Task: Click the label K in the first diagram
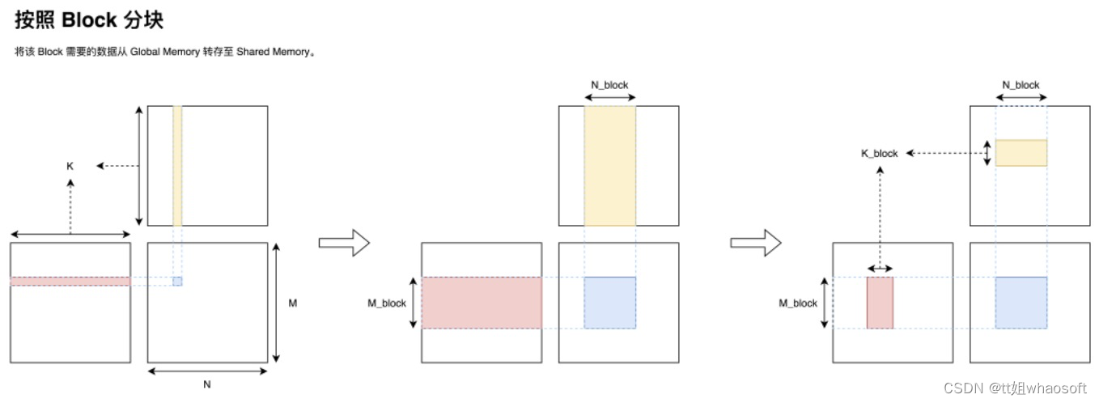[x=70, y=166]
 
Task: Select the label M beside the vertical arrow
[x=292, y=303]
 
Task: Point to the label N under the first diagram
[x=207, y=384]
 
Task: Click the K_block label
[x=880, y=153]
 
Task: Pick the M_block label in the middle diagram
[x=387, y=303]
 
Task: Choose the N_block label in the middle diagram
[x=609, y=85]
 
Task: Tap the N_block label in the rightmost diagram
[x=1020, y=85]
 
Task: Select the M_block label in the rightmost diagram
[x=798, y=303]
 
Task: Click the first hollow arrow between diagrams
[x=343, y=242]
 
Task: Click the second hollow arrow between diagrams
[x=755, y=242]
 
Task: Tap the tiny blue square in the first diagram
[x=177, y=281]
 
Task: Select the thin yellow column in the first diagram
[x=177, y=165]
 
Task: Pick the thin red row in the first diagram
[x=70, y=281]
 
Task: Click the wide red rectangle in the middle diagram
[x=482, y=303]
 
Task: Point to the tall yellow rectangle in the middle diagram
[x=609, y=165]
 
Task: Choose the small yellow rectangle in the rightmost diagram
[x=1020, y=153]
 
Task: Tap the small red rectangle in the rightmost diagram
[x=880, y=303]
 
